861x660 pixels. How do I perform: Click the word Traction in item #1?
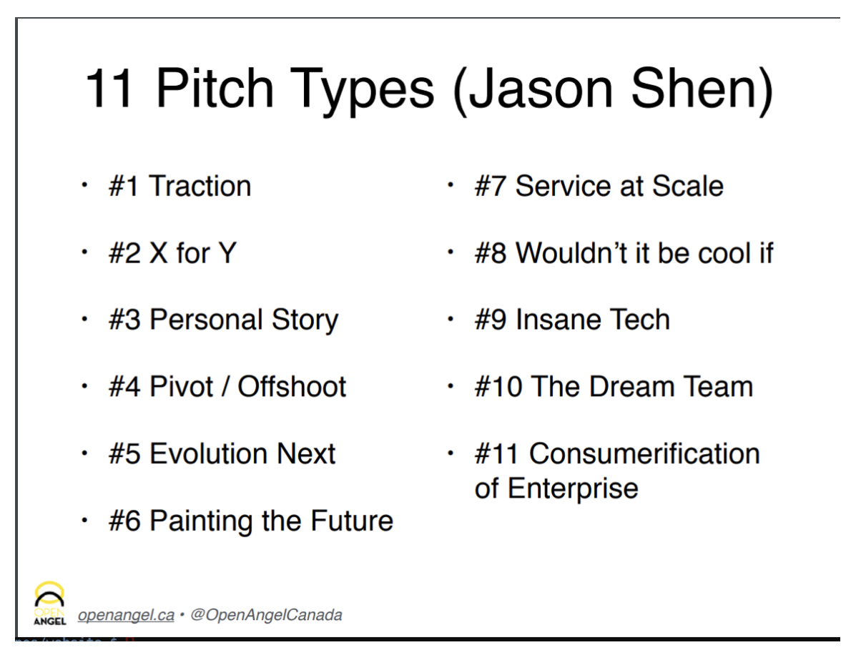(200, 187)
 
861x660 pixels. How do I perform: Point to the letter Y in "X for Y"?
(227, 253)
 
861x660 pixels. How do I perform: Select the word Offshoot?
(292, 387)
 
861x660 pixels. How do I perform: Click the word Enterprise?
(572, 489)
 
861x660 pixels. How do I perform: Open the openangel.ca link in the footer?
(126, 614)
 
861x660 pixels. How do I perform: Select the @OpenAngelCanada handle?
(266, 614)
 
